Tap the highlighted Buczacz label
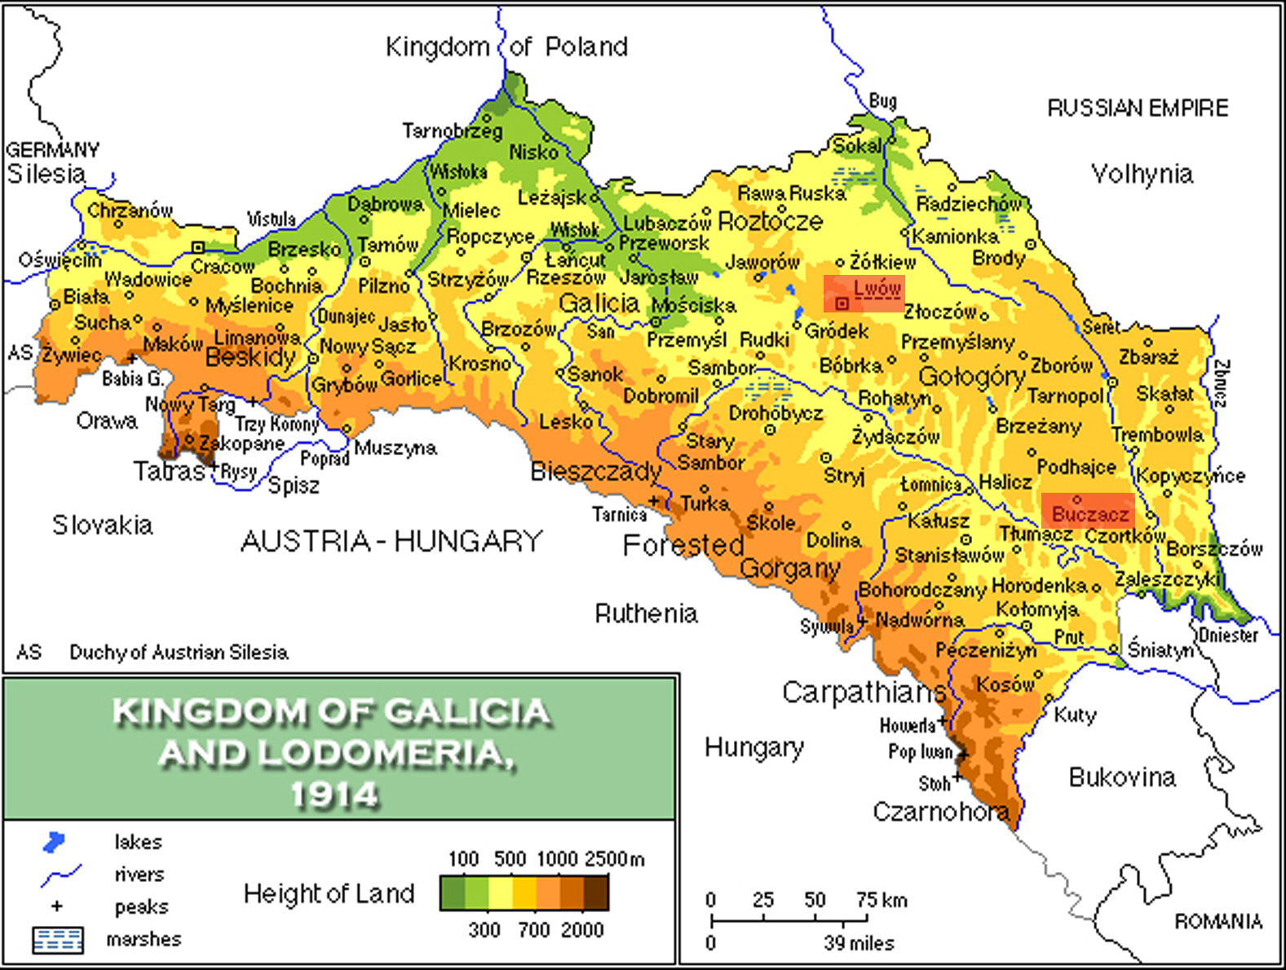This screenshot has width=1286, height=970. pyautogui.click(x=1089, y=514)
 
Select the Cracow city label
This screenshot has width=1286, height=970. pyautogui.click(x=222, y=267)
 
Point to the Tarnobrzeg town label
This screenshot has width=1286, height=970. pyautogui.click(x=452, y=131)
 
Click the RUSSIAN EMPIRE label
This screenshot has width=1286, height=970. pyautogui.click(x=1137, y=108)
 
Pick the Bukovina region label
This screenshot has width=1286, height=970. pyautogui.click(x=1121, y=777)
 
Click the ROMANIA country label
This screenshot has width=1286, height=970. pyautogui.click(x=1218, y=922)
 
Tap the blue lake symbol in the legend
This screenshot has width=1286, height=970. pyautogui.click(x=54, y=842)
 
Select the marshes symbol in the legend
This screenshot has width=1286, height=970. pyautogui.click(x=57, y=940)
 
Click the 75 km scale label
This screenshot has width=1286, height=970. pyautogui.click(x=881, y=900)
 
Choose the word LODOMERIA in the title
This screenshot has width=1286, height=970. pyautogui.click(x=382, y=753)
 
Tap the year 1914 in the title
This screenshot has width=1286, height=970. pyautogui.click(x=335, y=794)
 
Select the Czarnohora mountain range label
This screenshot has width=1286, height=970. pyautogui.click(x=940, y=812)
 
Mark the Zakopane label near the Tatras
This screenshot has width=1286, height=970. pyautogui.click(x=241, y=444)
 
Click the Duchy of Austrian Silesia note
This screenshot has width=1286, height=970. pyautogui.click(x=178, y=653)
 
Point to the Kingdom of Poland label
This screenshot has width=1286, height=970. pyautogui.click(x=506, y=47)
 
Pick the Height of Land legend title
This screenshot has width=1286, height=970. pyautogui.click(x=329, y=894)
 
